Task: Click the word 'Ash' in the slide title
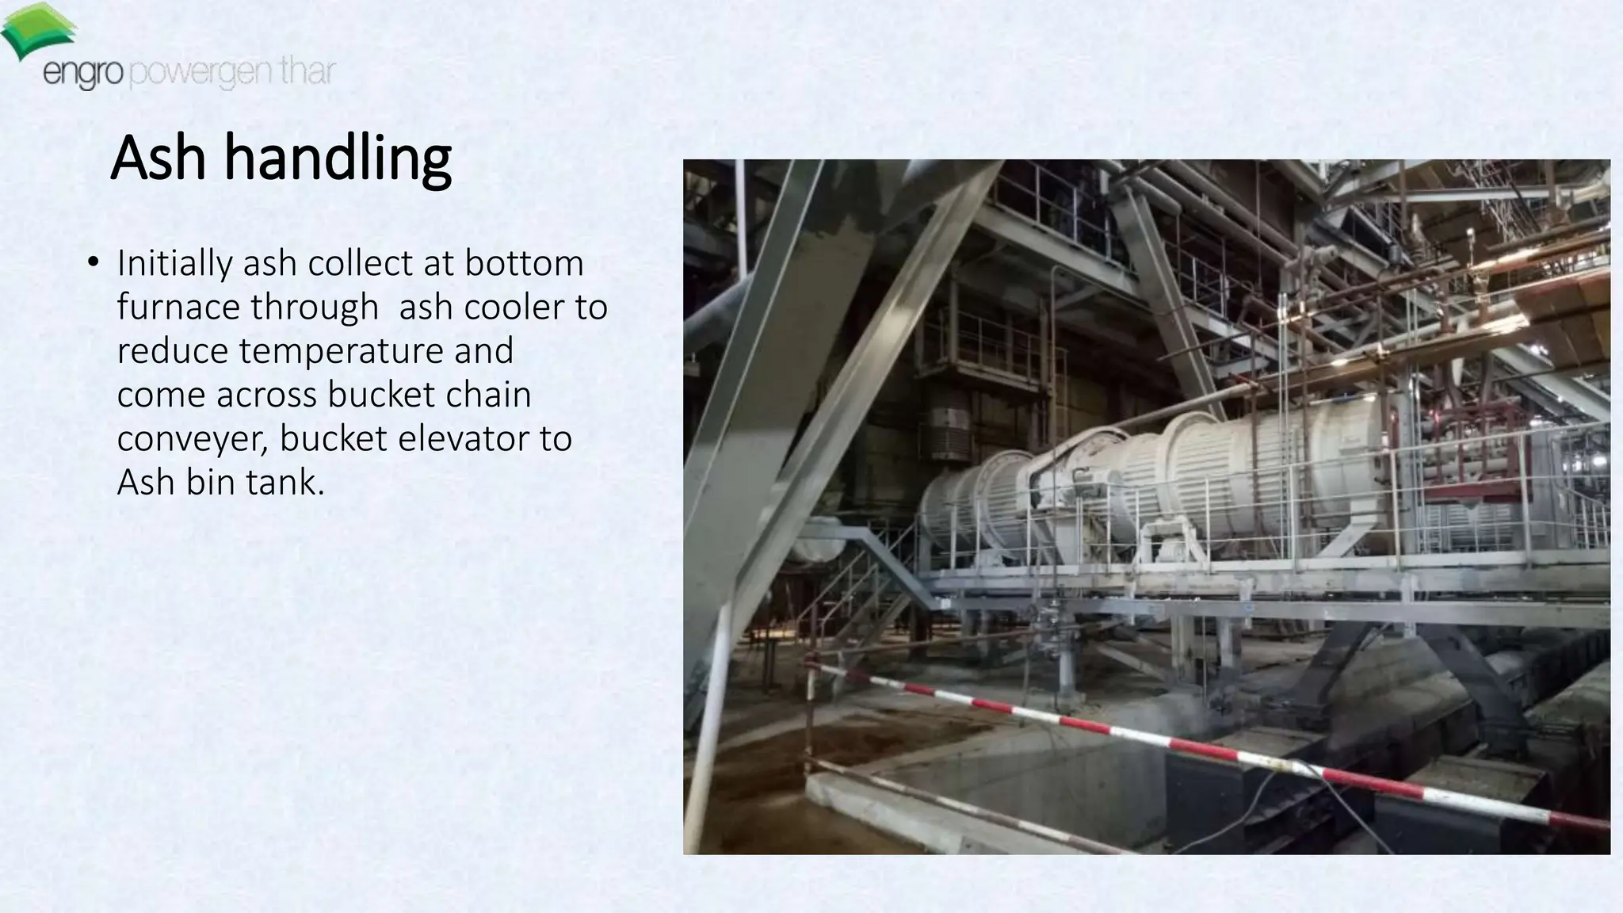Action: point(158,158)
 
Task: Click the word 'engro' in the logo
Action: point(82,74)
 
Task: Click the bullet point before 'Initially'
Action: point(94,263)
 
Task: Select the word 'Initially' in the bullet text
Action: point(174,263)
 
